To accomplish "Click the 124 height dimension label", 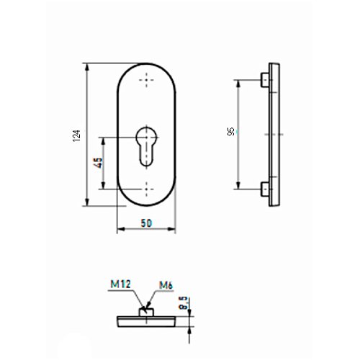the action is (76, 135).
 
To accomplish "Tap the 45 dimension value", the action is (99, 163).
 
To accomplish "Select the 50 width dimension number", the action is (146, 223).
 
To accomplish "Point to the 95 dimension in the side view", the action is (230, 132).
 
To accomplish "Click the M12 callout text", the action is (120, 284).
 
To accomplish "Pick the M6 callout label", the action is (166, 285).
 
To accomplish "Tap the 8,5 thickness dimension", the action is (184, 304).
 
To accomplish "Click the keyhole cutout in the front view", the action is (146, 146).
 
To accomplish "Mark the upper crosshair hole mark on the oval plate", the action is (146, 80).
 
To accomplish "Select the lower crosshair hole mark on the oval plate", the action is (146, 189).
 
